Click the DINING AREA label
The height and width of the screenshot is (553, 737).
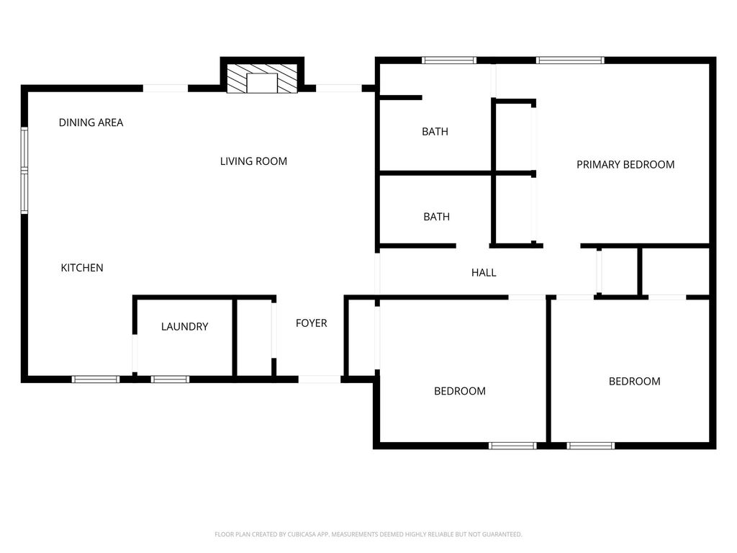tap(91, 122)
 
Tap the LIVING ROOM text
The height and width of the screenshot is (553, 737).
tap(253, 161)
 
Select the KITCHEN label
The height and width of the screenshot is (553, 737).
tap(82, 268)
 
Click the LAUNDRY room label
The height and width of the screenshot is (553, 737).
tap(184, 326)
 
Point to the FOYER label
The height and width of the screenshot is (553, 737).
tap(311, 323)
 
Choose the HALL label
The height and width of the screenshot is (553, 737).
tap(484, 272)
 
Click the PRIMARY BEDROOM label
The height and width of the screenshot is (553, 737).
tap(625, 165)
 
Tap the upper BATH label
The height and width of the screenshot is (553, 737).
tap(435, 132)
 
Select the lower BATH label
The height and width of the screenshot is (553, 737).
tap(436, 217)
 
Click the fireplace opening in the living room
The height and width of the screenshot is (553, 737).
tap(262, 84)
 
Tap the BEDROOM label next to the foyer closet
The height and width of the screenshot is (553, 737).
tap(460, 391)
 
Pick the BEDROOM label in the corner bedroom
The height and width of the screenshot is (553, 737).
tap(635, 382)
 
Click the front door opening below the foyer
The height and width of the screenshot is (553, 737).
tap(320, 379)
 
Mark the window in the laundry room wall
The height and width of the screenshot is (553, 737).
tap(170, 379)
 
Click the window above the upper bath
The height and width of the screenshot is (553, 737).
tap(449, 60)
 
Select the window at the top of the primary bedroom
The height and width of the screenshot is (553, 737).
tap(570, 60)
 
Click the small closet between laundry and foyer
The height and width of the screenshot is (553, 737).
tap(254, 338)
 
